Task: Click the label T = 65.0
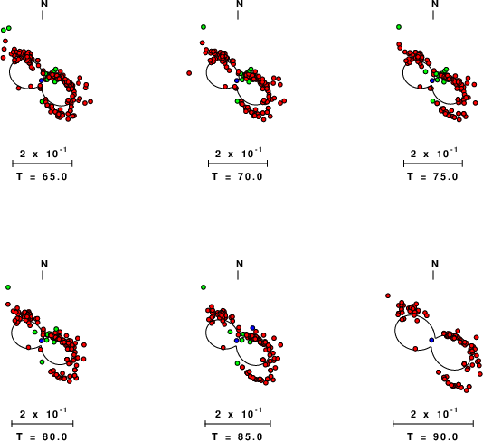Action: [x=42, y=176]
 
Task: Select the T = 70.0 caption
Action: [x=237, y=176]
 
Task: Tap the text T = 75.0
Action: [x=432, y=176]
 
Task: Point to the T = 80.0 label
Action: [x=42, y=436]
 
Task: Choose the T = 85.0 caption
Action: [x=237, y=436]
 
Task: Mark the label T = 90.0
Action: [x=432, y=436]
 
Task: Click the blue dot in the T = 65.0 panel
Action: [x=42, y=80]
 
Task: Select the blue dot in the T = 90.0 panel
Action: [x=431, y=340]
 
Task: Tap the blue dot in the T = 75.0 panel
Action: [x=432, y=80]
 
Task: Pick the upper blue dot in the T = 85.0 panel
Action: [x=252, y=327]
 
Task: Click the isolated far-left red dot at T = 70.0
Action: [x=189, y=73]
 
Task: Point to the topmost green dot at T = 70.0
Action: [x=204, y=27]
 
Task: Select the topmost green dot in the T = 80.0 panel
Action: [x=8, y=287]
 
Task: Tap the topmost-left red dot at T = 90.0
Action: [x=388, y=296]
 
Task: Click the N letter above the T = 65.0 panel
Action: [x=44, y=4]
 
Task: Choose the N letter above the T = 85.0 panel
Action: [x=240, y=264]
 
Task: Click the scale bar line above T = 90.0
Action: [x=433, y=424]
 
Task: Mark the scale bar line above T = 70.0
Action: [x=238, y=164]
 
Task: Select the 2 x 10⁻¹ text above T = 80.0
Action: [x=43, y=413]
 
